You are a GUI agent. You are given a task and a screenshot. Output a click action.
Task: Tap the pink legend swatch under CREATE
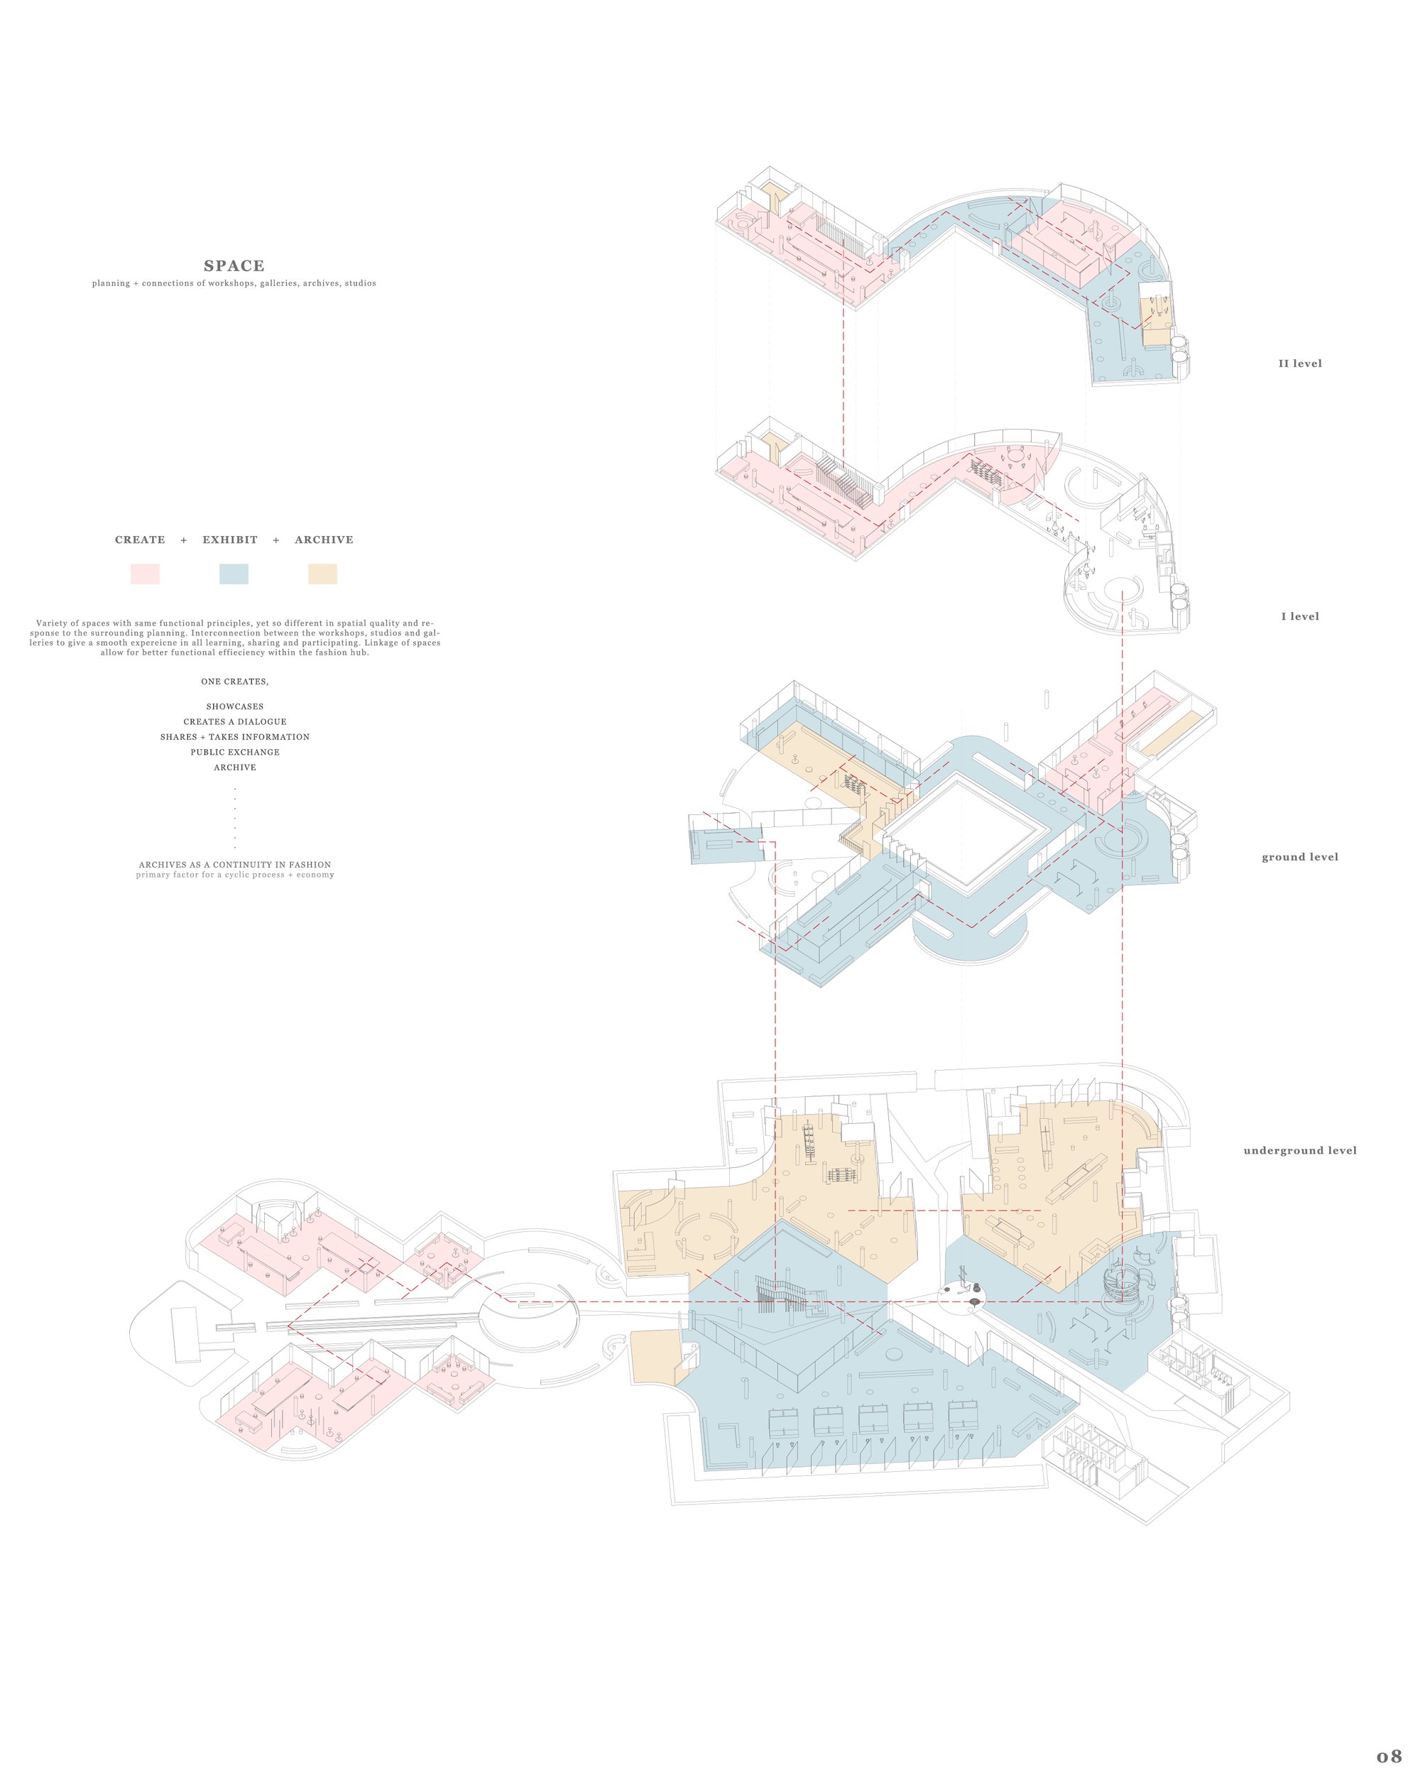click(x=145, y=574)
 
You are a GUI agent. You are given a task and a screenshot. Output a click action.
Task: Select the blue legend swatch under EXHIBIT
click(x=234, y=574)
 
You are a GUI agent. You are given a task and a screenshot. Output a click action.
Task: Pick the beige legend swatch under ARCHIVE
click(x=322, y=574)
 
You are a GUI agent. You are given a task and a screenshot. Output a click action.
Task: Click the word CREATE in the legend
click(x=140, y=540)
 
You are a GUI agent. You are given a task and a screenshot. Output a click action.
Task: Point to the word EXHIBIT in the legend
click(x=229, y=540)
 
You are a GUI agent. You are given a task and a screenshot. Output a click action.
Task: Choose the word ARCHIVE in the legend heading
click(x=324, y=540)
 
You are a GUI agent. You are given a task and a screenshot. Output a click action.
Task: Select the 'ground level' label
click(x=1300, y=857)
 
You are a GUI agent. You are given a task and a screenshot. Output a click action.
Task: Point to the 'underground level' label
click(x=1300, y=1151)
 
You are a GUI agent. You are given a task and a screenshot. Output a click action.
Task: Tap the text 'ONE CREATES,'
click(x=234, y=682)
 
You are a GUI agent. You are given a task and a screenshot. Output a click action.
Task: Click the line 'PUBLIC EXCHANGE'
click(x=234, y=753)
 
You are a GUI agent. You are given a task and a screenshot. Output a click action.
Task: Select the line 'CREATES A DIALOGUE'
click(x=234, y=722)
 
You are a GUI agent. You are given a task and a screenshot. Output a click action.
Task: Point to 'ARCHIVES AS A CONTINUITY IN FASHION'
click(x=234, y=865)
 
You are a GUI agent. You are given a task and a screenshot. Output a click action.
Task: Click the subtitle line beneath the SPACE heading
click(x=234, y=283)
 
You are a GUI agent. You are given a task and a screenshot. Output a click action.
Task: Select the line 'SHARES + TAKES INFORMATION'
click(x=234, y=737)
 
